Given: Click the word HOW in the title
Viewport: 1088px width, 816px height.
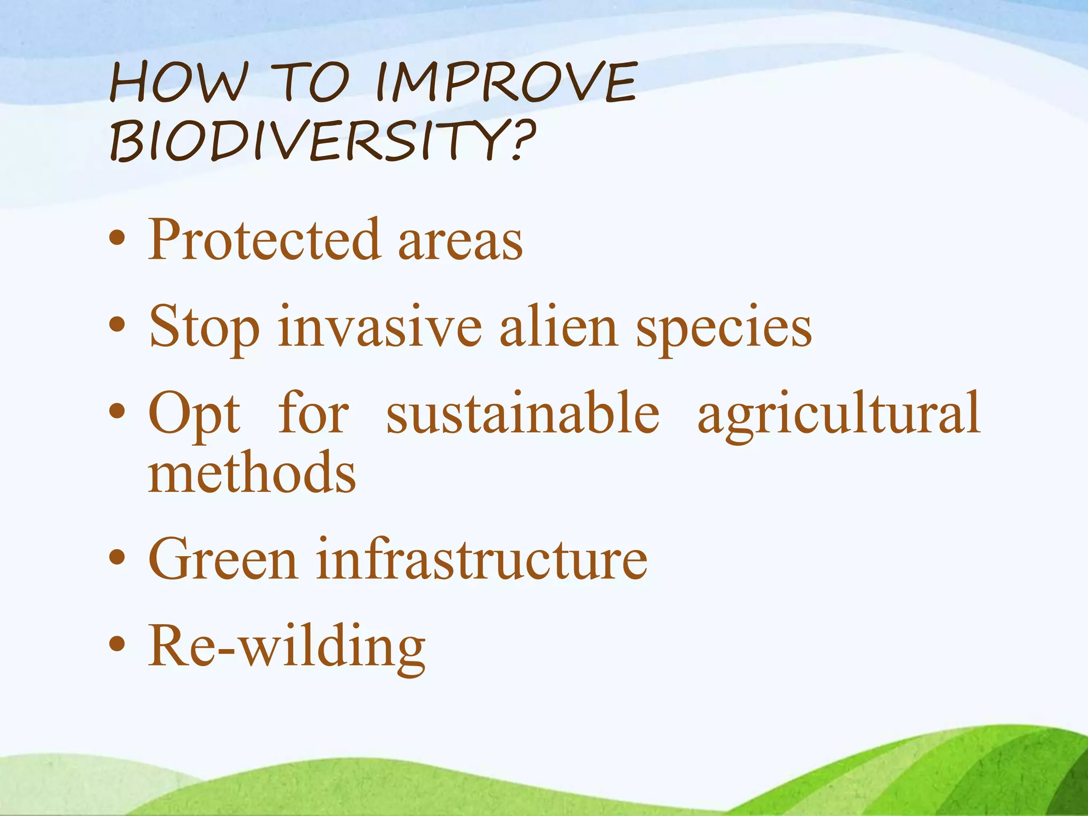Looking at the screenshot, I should coord(179,83).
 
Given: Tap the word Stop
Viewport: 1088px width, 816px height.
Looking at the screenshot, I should coord(204,328).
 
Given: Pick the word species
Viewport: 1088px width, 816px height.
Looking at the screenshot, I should coord(724,329).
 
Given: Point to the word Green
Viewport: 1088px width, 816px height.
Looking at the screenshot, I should coord(223,559).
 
